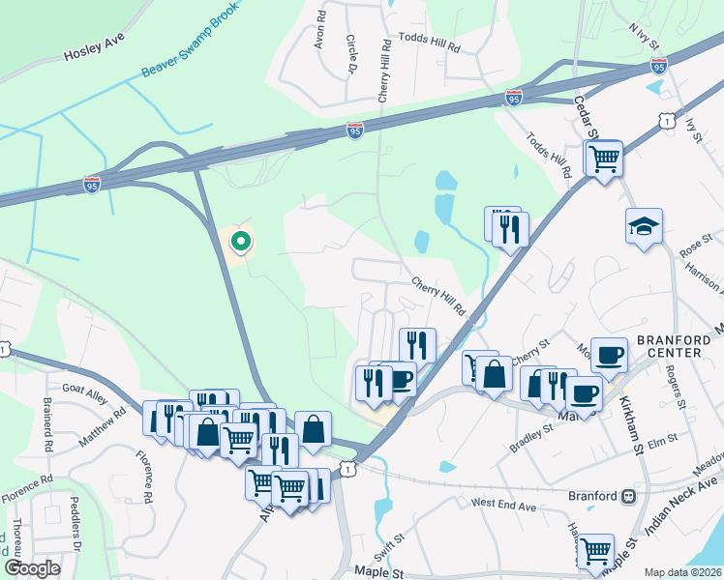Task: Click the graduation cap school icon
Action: (644, 226)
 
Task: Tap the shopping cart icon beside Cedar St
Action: (604, 158)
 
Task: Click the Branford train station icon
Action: (628, 496)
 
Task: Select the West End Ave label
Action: (503, 505)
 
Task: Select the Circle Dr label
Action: (350, 55)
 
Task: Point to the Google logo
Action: (32, 568)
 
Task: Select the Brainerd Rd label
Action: (46, 426)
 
